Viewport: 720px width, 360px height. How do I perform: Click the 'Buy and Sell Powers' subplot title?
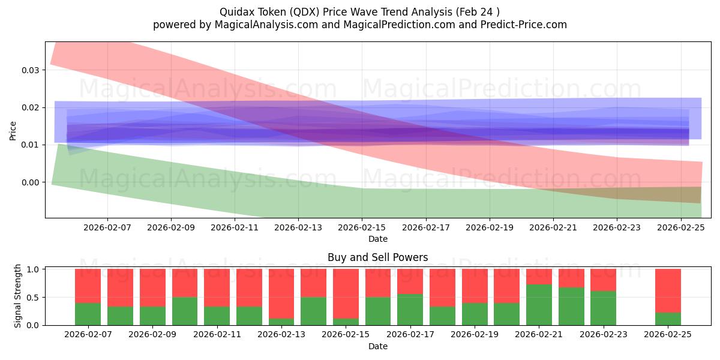pyautogui.click(x=377, y=257)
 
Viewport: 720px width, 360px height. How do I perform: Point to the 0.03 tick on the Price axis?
pyautogui.click(x=31, y=70)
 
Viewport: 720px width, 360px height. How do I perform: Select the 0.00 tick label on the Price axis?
pyautogui.click(x=31, y=182)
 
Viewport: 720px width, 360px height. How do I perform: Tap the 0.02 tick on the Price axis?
pyautogui.click(x=31, y=108)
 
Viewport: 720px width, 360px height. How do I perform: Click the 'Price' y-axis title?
pyautogui.click(x=13, y=130)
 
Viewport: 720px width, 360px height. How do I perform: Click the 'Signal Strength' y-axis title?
pyautogui.click(x=17, y=296)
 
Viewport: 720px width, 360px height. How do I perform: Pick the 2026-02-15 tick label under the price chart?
pyautogui.click(x=362, y=228)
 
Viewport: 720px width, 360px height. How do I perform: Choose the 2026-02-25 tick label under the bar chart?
pyautogui.click(x=668, y=335)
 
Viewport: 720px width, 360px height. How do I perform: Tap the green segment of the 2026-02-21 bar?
pyautogui.click(x=539, y=305)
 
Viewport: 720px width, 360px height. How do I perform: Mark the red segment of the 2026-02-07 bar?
pyautogui.click(x=88, y=286)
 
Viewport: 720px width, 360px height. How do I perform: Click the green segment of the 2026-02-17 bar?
pyautogui.click(x=410, y=310)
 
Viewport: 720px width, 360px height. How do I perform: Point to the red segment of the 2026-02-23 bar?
pyautogui.click(x=603, y=280)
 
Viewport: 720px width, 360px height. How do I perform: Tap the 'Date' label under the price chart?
pyautogui.click(x=377, y=239)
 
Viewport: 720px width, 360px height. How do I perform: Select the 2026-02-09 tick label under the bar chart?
pyautogui.click(x=152, y=335)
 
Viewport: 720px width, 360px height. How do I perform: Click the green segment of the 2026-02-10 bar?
pyautogui.click(x=185, y=311)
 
